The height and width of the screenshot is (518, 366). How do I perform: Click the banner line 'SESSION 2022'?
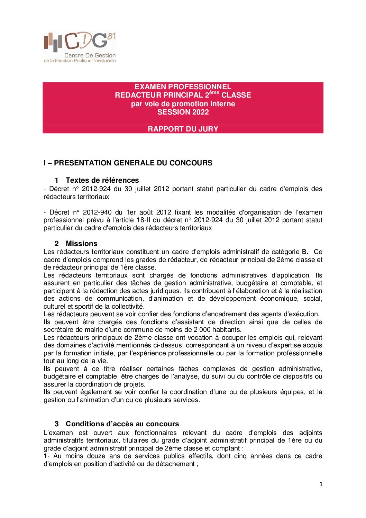coord(183,112)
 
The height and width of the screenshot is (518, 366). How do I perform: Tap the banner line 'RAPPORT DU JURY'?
coord(183,129)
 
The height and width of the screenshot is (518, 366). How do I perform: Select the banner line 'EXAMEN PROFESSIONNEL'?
coord(183,87)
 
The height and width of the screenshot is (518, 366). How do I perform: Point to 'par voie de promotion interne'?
coord(183,104)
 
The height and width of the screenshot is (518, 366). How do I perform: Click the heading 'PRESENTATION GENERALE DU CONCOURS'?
coord(133,163)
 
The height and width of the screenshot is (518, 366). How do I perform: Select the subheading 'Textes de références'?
coord(102,180)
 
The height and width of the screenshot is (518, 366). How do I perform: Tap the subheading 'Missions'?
coord(81,244)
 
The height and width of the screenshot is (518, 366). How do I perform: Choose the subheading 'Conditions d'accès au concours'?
coord(122,424)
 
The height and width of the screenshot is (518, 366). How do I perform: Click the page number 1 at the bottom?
coord(321,484)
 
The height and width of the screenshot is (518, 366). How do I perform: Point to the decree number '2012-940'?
coord(97,212)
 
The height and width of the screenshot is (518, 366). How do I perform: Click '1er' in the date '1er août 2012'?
coord(131,212)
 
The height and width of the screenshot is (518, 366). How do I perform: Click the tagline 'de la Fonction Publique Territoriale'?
coord(80,61)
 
